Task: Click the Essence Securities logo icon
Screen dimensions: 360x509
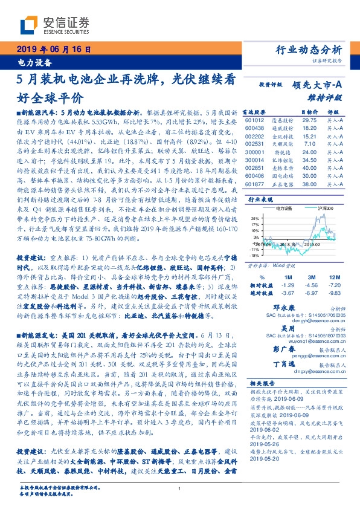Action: [x=30, y=25]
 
